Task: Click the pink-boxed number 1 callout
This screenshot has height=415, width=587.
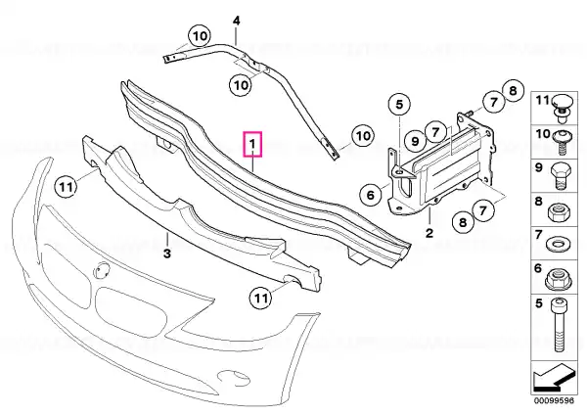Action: pyautogui.click(x=252, y=144)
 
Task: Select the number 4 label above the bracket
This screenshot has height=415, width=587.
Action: pyautogui.click(x=236, y=21)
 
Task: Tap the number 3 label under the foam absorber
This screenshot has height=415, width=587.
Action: pyautogui.click(x=167, y=254)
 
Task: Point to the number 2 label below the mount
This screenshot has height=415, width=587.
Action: pyautogui.click(x=429, y=233)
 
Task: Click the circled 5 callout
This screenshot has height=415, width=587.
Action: pyautogui.click(x=399, y=105)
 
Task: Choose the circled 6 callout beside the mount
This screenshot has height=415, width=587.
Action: pyautogui.click(x=370, y=195)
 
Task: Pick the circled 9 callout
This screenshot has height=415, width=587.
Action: pyautogui.click(x=415, y=141)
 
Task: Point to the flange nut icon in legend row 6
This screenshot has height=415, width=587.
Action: pyautogui.click(x=559, y=280)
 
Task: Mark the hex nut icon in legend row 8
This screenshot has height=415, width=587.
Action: pyautogui.click(x=559, y=213)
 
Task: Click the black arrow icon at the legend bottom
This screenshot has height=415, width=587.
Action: pyautogui.click(x=554, y=377)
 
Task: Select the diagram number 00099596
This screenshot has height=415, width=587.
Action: pyautogui.click(x=554, y=400)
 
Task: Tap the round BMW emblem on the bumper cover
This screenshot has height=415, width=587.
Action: pyautogui.click(x=101, y=270)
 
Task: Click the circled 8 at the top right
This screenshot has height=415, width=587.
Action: pyautogui.click(x=513, y=90)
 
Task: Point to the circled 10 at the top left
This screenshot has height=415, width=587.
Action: pyautogui.click(x=200, y=36)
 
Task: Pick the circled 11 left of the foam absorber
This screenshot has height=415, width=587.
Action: pyautogui.click(x=66, y=187)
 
